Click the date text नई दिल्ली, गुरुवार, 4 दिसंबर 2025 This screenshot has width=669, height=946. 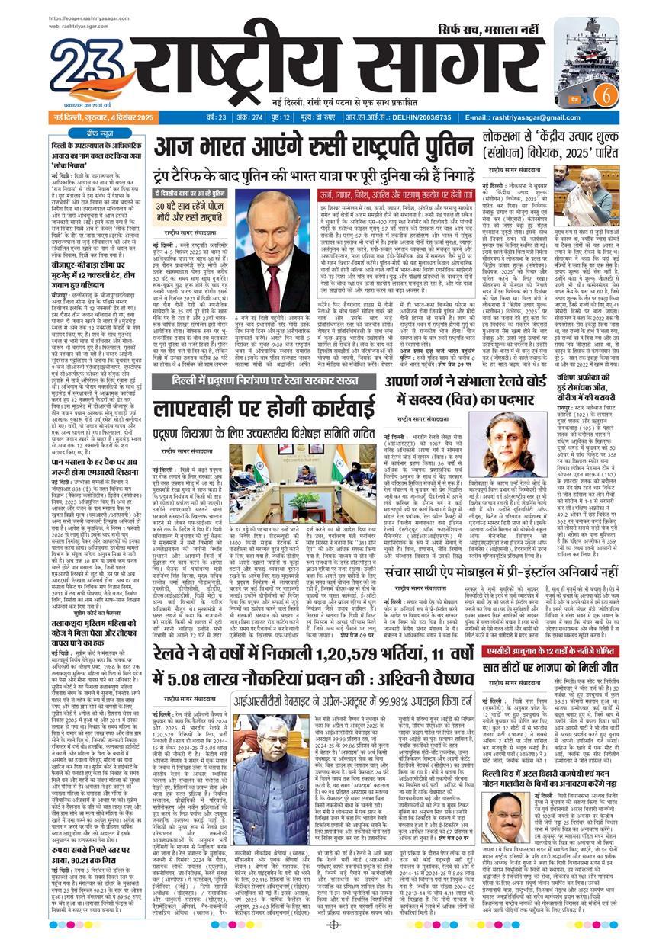[x=103, y=117]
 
